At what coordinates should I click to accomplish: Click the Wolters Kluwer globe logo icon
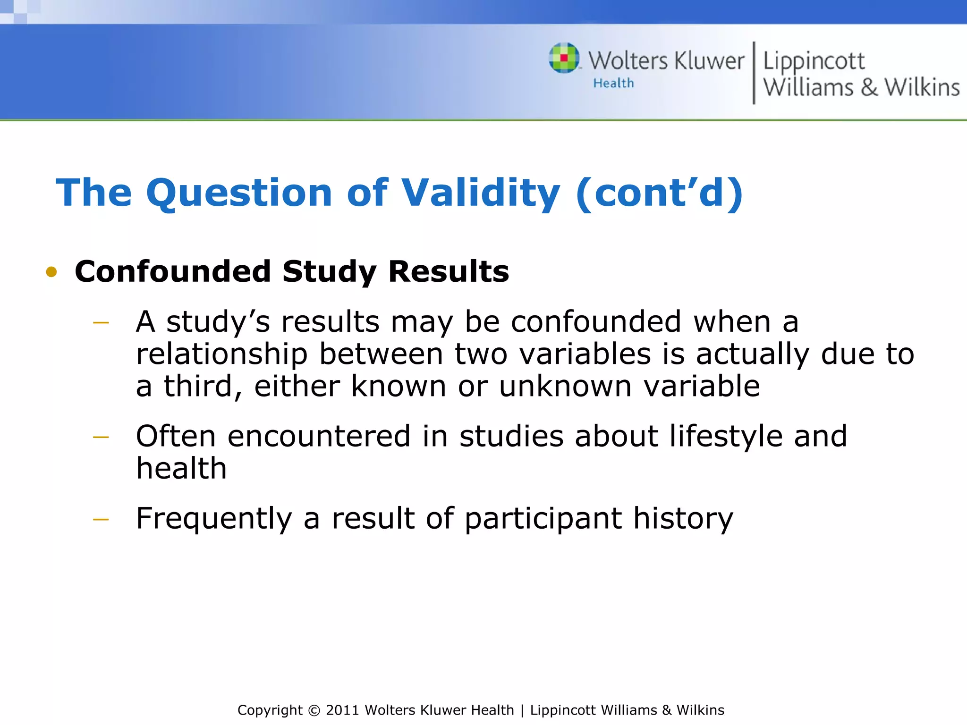coord(564,58)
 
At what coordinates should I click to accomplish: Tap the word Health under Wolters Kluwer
coord(613,84)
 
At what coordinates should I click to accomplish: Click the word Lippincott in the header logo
coord(814,61)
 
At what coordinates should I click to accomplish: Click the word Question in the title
coord(239,193)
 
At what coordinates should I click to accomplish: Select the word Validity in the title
coord(481,193)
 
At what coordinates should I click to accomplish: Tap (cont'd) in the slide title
coord(659,193)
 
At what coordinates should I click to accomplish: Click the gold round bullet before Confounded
coord(51,272)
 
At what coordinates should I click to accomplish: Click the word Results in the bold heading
coord(449,272)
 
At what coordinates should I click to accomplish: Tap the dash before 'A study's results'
coord(101,323)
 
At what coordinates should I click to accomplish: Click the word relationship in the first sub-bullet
coord(221,354)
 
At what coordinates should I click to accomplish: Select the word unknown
coord(565,387)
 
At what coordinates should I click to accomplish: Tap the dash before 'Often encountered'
coord(101,438)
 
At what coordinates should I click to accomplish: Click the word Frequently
coord(214,519)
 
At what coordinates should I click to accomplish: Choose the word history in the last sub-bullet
coord(683,519)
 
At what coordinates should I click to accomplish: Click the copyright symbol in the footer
coord(314,710)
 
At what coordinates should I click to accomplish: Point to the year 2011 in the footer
coord(343,710)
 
